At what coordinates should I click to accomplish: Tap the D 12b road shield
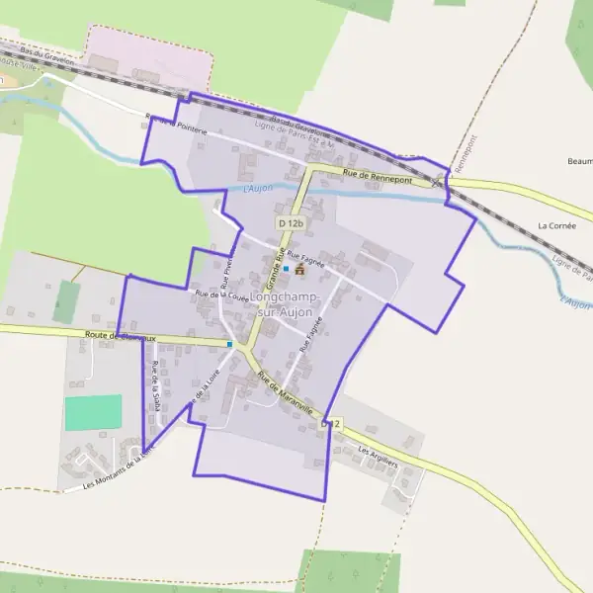tap(290, 224)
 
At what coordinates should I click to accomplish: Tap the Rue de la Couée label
tap(221, 294)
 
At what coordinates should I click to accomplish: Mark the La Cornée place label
tap(556, 225)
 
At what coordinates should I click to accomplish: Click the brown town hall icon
tap(299, 268)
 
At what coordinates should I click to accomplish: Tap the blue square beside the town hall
tap(286, 268)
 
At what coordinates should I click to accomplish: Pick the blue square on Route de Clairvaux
tap(230, 344)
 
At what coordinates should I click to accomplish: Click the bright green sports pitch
tap(94, 412)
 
